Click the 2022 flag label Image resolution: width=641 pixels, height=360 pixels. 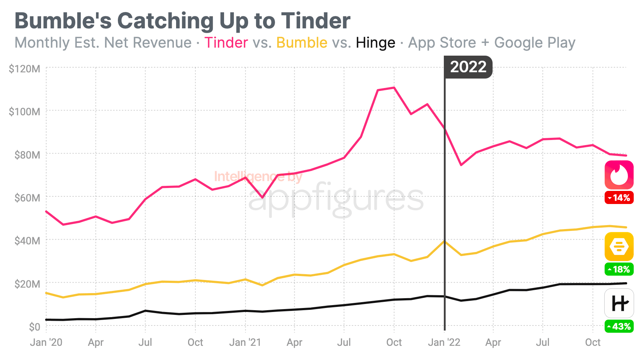click(468, 67)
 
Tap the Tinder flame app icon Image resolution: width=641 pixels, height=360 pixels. click(619, 175)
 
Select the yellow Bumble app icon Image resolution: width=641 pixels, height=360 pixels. click(619, 247)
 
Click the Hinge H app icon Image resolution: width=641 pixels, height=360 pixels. click(619, 303)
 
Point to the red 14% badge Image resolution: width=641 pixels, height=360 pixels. click(619, 198)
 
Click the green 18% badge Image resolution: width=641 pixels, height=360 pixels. click(619, 269)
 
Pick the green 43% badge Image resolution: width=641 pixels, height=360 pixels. click(619, 326)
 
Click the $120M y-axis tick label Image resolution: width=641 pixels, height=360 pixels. click(24, 69)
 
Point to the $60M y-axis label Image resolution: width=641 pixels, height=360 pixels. click(27, 198)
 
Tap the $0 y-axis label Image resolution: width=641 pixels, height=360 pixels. click(35, 327)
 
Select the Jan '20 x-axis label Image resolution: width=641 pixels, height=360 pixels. click(46, 342)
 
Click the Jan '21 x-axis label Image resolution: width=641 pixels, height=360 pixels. click(245, 342)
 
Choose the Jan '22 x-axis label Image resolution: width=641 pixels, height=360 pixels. click(444, 342)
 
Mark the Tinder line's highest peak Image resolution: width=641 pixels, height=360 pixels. click(394, 88)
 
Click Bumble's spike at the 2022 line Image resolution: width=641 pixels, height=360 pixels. click(444, 241)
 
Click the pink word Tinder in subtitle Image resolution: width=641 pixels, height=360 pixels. click(226, 43)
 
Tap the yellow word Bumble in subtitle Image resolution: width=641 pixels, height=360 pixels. click(302, 43)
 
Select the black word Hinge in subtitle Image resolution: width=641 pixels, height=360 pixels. click(375, 43)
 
